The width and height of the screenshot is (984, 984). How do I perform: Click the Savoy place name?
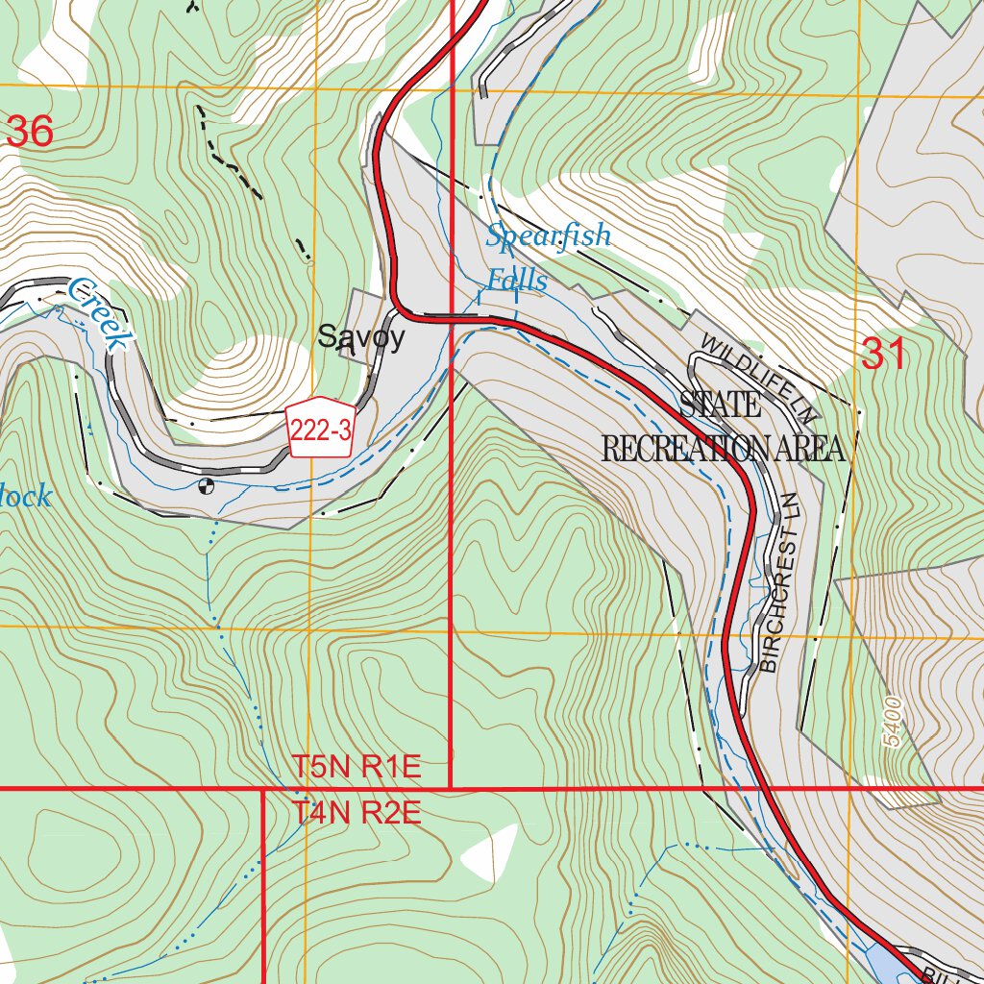coord(361,337)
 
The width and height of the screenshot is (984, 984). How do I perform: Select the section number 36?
coord(29,132)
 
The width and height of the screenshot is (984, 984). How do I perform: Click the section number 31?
coord(884,356)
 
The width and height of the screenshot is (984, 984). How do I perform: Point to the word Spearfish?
coord(548,235)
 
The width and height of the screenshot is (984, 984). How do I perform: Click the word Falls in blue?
coord(516,281)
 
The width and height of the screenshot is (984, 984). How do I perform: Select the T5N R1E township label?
coord(357,768)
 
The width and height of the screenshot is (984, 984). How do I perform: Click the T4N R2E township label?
coord(357,814)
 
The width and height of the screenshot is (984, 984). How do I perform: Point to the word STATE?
coord(721,405)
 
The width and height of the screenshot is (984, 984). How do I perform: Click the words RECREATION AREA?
coord(723,448)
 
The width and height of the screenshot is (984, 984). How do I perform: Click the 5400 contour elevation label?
coord(893,724)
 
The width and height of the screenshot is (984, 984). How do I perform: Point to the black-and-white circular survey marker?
coord(205,485)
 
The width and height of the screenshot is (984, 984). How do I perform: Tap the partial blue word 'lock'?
coord(26,498)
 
